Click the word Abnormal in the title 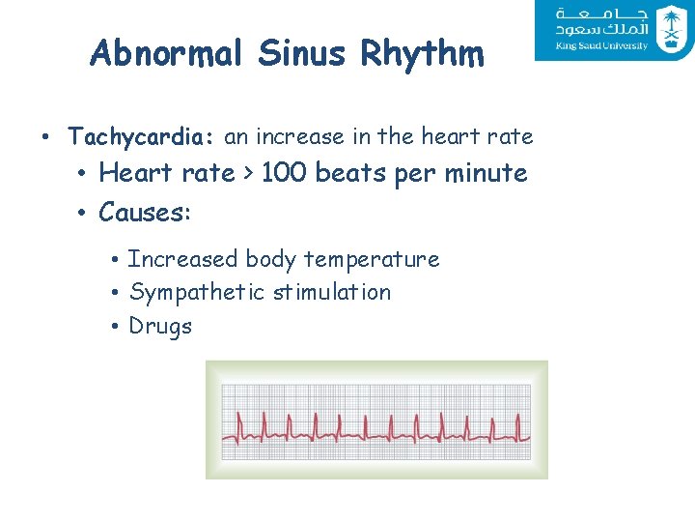click(167, 54)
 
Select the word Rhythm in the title click(423, 54)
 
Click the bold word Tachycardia click(140, 137)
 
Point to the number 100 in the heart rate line click(284, 174)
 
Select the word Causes click(144, 212)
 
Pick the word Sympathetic click(196, 293)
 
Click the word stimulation click(331, 292)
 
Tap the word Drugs click(160, 327)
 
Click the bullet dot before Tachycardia click(46, 137)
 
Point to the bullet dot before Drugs click(114, 327)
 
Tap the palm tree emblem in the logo click(670, 29)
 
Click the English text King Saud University click(601, 46)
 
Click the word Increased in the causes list click(182, 259)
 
